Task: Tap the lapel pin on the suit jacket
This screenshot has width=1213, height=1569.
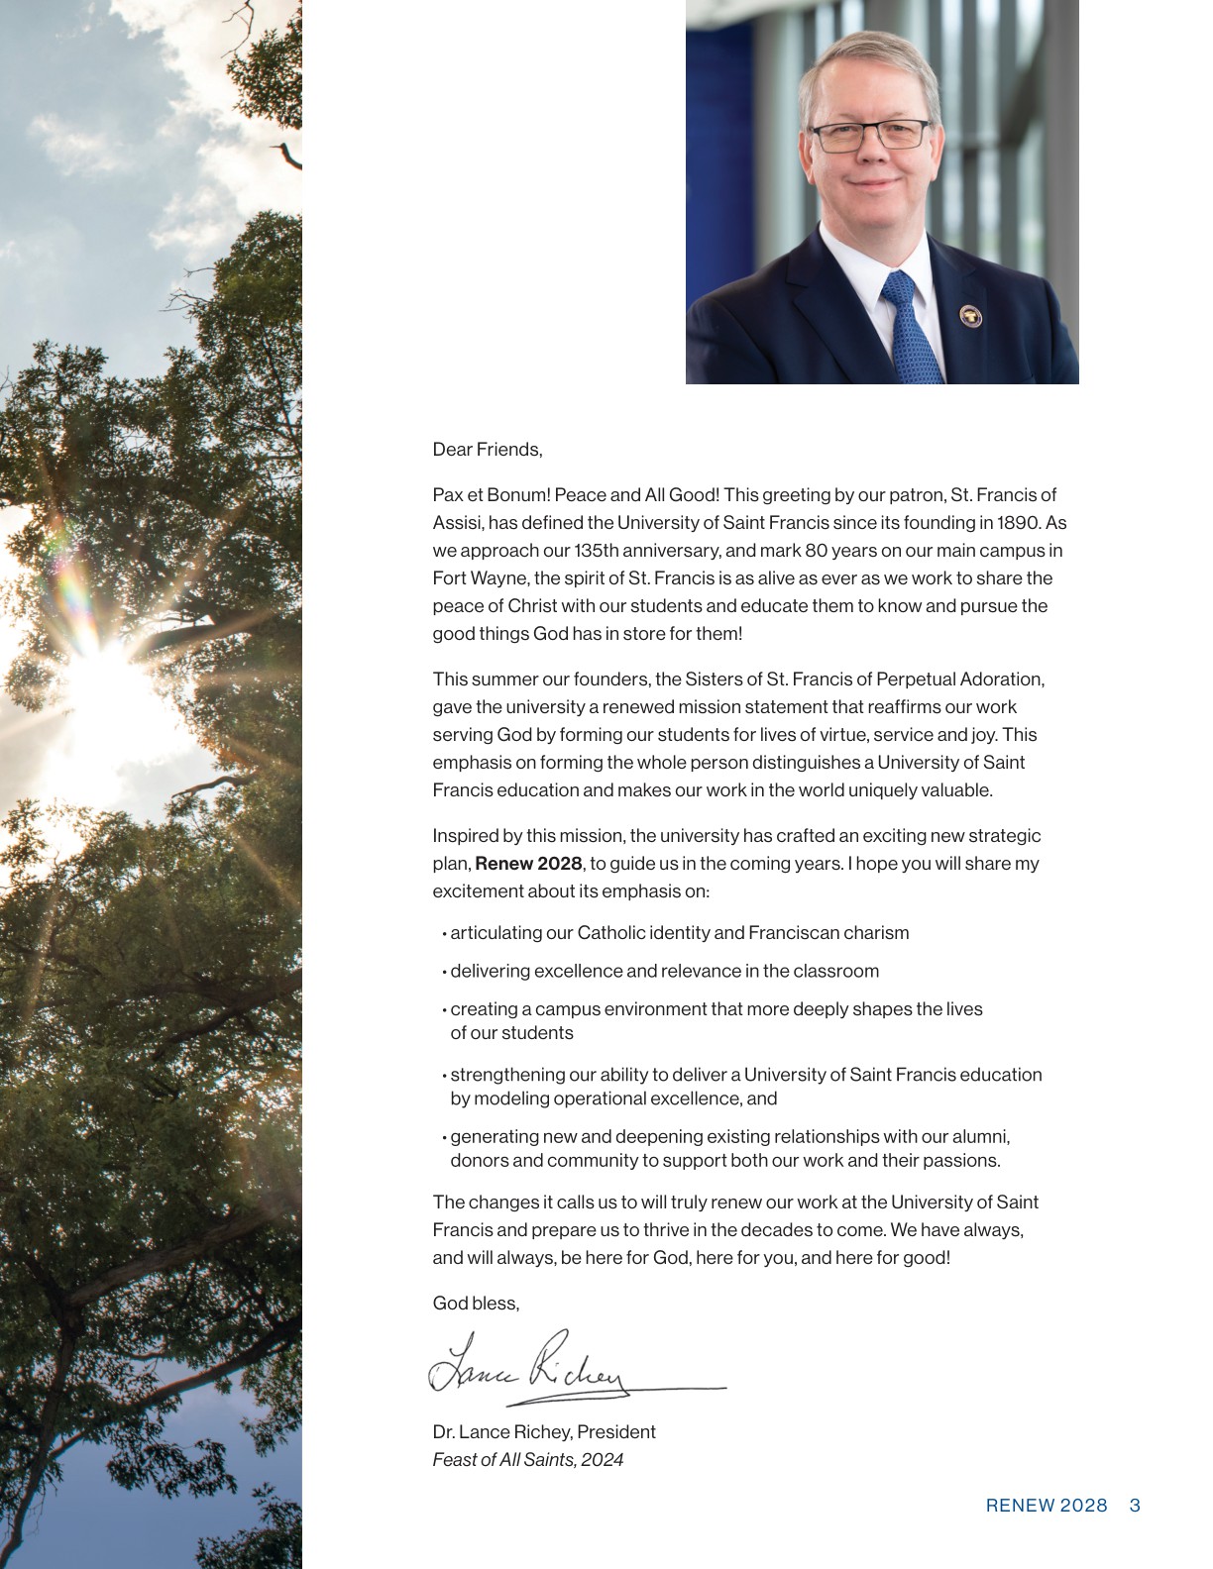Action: pos(971,316)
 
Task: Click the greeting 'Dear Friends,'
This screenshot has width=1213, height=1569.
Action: pos(488,450)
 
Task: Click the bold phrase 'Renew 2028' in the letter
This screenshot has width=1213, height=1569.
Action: pos(528,863)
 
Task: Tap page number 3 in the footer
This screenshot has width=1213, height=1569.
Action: pos(1135,1506)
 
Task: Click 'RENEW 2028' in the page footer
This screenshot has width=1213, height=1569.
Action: pos(1047,1506)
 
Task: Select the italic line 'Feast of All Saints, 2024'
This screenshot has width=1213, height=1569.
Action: pos(528,1459)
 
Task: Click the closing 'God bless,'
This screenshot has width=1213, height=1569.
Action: pos(476,1303)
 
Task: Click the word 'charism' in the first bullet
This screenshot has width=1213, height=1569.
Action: pos(878,932)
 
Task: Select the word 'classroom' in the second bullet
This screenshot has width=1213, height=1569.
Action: pos(838,971)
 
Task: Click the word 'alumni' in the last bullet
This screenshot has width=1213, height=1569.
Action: pos(981,1136)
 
